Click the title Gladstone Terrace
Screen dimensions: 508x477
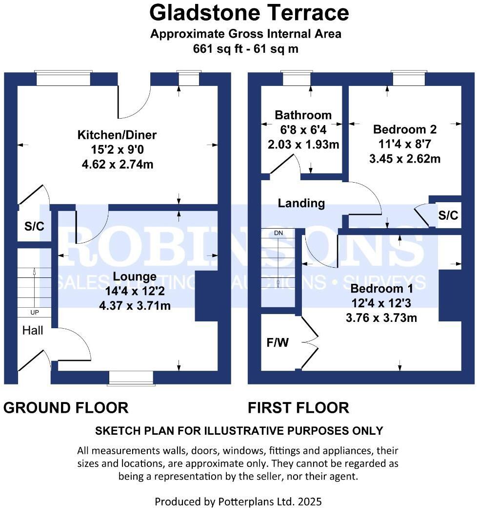click(249, 13)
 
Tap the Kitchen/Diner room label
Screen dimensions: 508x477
click(117, 134)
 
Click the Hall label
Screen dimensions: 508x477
click(33, 331)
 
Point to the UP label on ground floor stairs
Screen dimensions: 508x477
click(34, 313)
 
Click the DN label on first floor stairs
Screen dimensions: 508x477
click(278, 233)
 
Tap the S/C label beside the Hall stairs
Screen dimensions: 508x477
click(34, 226)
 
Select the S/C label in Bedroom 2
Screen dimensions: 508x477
click(448, 215)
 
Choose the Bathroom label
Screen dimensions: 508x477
click(303, 115)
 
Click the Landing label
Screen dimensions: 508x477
click(301, 203)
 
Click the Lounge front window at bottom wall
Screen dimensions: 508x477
click(131, 378)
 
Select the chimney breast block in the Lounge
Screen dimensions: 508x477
click(206, 296)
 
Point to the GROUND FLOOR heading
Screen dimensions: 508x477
click(66, 407)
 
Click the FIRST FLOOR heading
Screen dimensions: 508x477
click(298, 407)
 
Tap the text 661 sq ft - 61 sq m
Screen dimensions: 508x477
click(245, 49)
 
